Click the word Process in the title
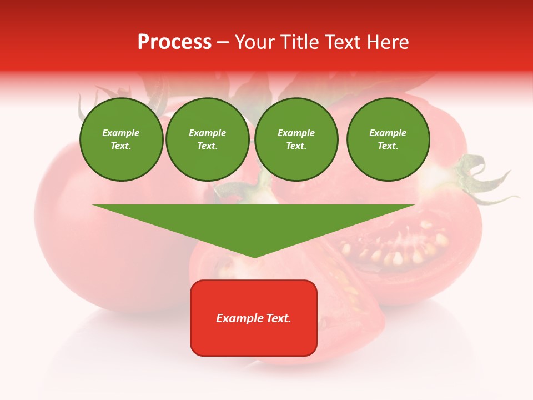click(174, 42)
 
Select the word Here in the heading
click(387, 42)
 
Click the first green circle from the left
click(121, 139)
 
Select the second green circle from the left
click(207, 139)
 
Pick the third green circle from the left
click(296, 139)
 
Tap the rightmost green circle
click(388, 139)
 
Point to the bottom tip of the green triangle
click(254, 256)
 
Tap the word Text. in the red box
click(277, 318)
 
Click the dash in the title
click(223, 42)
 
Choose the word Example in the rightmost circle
click(388, 133)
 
